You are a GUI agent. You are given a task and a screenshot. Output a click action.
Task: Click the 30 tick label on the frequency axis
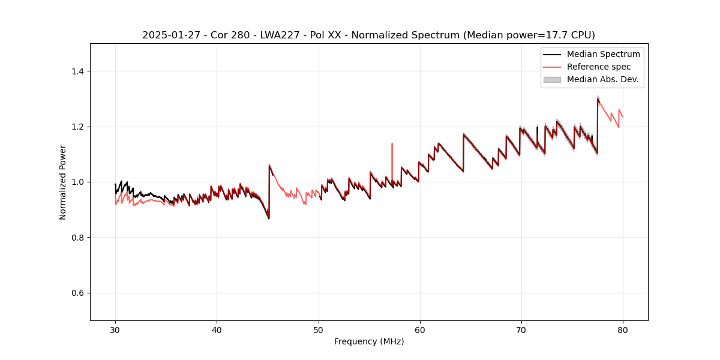click(115, 329)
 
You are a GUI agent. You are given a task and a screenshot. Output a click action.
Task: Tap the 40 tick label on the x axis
click(217, 329)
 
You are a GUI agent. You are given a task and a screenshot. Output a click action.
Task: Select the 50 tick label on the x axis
click(318, 329)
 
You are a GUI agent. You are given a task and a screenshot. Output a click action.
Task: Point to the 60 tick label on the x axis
click(420, 329)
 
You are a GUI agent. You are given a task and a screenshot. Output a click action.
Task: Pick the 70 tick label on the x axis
click(521, 329)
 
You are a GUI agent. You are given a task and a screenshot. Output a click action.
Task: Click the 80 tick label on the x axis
click(623, 329)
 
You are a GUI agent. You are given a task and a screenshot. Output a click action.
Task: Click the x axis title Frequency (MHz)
click(369, 341)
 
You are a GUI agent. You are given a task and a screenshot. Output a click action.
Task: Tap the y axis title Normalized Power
click(63, 182)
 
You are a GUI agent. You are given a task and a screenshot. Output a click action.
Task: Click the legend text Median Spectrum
click(603, 54)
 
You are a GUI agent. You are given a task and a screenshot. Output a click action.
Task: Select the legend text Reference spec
click(599, 67)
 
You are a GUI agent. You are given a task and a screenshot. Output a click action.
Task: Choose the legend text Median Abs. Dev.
click(602, 79)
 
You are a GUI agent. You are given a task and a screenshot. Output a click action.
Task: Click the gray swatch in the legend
click(552, 79)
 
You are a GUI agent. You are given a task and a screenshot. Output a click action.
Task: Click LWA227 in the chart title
click(277, 35)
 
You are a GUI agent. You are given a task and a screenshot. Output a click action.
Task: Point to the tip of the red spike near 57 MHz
click(392, 143)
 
